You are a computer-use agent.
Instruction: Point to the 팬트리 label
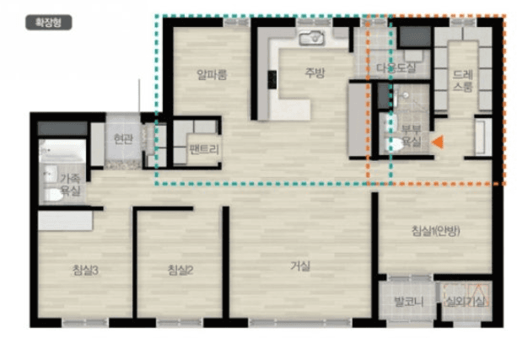coord(204,150)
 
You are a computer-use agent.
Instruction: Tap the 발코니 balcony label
coord(406,301)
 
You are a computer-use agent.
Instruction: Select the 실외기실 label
coord(464,301)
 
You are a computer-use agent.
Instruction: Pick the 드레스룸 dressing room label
coord(462,79)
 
